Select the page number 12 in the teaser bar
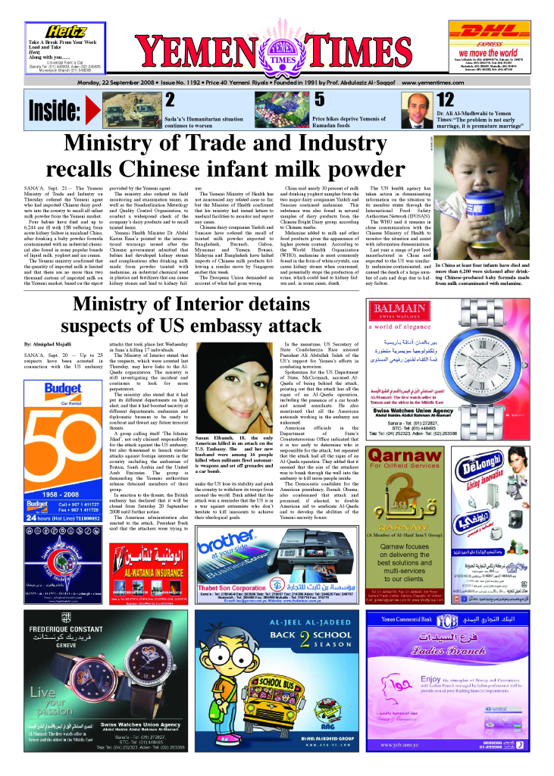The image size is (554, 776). tap(446, 99)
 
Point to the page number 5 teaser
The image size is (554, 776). tap(319, 99)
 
